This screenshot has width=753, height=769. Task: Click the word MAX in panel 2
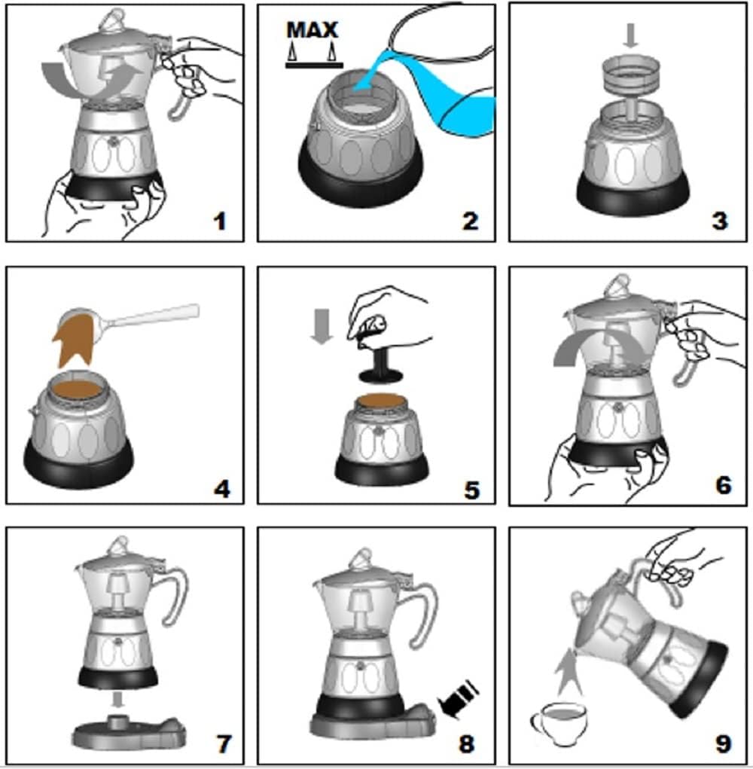pos(312,30)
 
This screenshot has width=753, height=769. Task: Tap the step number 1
pos(221,221)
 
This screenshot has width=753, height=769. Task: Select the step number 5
pos(471,490)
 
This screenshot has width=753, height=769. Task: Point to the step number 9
pos(724,743)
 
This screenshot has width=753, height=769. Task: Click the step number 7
pos(224,743)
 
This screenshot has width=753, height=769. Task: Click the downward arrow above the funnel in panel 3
pos(630,36)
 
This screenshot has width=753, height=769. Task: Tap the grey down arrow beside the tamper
pos(322,326)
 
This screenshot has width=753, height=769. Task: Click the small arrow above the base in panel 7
pos(117,700)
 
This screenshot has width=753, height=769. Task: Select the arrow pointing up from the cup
pos(569,671)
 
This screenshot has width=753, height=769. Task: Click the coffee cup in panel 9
pos(559,723)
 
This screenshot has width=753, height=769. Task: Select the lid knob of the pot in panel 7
pos(119,545)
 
